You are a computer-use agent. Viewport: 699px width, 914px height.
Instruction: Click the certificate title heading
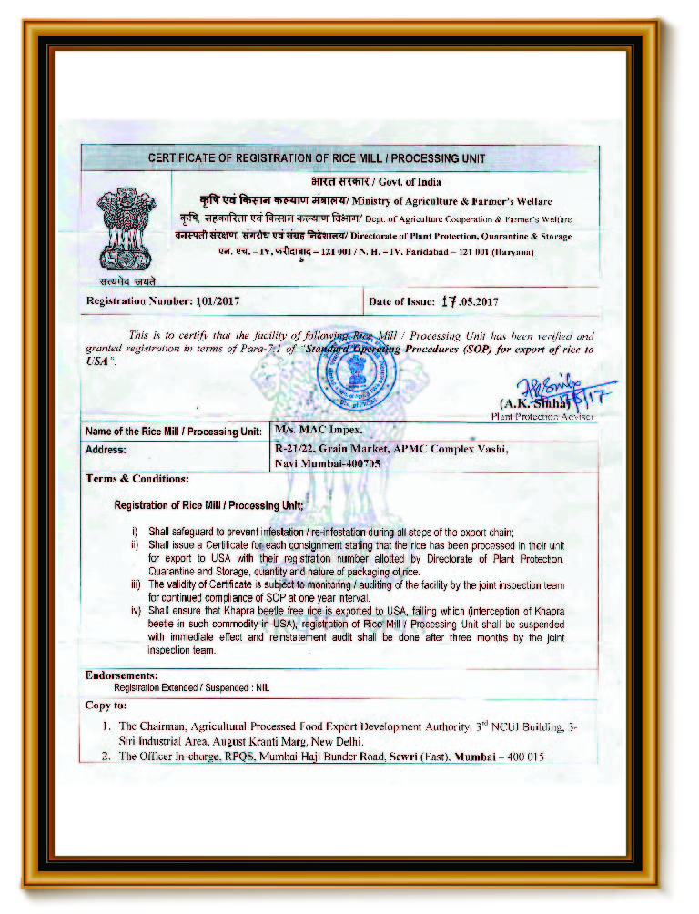click(317, 158)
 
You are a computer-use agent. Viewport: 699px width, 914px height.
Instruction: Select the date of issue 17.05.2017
click(470, 300)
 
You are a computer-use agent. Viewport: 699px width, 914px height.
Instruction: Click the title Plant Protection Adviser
click(542, 415)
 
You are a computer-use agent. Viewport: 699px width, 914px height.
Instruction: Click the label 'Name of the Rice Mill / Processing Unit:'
click(173, 431)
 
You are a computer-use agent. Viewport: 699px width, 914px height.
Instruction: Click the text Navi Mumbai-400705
click(327, 463)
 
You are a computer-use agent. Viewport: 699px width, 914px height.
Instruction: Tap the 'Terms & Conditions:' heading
click(137, 479)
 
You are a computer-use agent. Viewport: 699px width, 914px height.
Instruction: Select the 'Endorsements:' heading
click(121, 675)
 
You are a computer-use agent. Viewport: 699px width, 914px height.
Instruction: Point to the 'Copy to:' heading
click(106, 705)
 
